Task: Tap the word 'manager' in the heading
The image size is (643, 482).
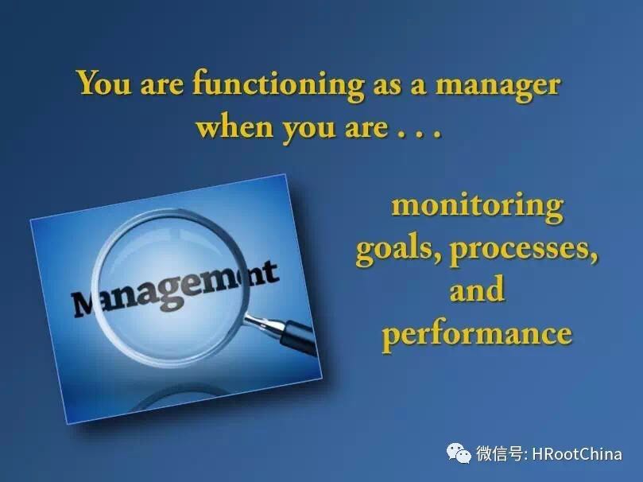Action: pyautogui.click(x=497, y=87)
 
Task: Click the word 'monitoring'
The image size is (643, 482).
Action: pyautogui.click(x=478, y=205)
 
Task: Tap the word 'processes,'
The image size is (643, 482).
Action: pyautogui.click(x=524, y=251)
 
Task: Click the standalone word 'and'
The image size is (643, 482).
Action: pyautogui.click(x=477, y=289)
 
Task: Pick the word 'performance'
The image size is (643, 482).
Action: pyautogui.click(x=477, y=334)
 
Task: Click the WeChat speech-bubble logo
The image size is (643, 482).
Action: pyautogui.click(x=459, y=453)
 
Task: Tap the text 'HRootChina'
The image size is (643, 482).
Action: pyautogui.click(x=577, y=454)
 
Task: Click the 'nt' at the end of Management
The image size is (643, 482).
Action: pyautogui.click(x=264, y=274)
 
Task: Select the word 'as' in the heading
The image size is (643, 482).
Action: pyautogui.click(x=387, y=87)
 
